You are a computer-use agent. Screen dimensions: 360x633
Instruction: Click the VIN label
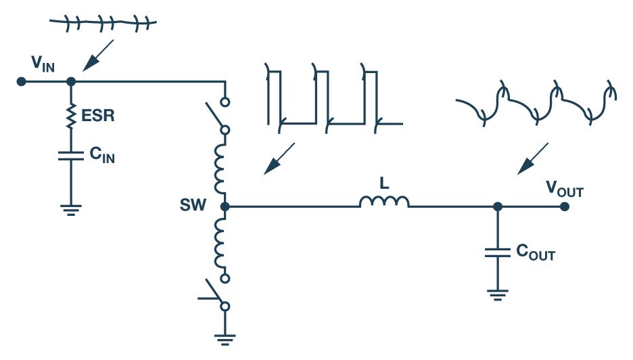(43, 64)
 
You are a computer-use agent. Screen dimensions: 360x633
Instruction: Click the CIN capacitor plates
(71, 156)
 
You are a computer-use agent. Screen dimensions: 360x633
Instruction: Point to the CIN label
(101, 155)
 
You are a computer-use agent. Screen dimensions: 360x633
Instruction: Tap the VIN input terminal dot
(22, 81)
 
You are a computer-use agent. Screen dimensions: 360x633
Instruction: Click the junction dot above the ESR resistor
(71, 81)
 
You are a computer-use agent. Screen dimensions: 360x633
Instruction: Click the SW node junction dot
(225, 206)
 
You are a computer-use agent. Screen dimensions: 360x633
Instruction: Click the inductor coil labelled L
(384, 202)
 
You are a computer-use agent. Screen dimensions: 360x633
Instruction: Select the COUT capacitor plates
(498, 252)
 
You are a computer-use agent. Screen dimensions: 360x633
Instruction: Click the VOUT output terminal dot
(564, 206)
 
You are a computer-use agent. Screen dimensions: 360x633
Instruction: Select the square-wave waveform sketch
(331, 95)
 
